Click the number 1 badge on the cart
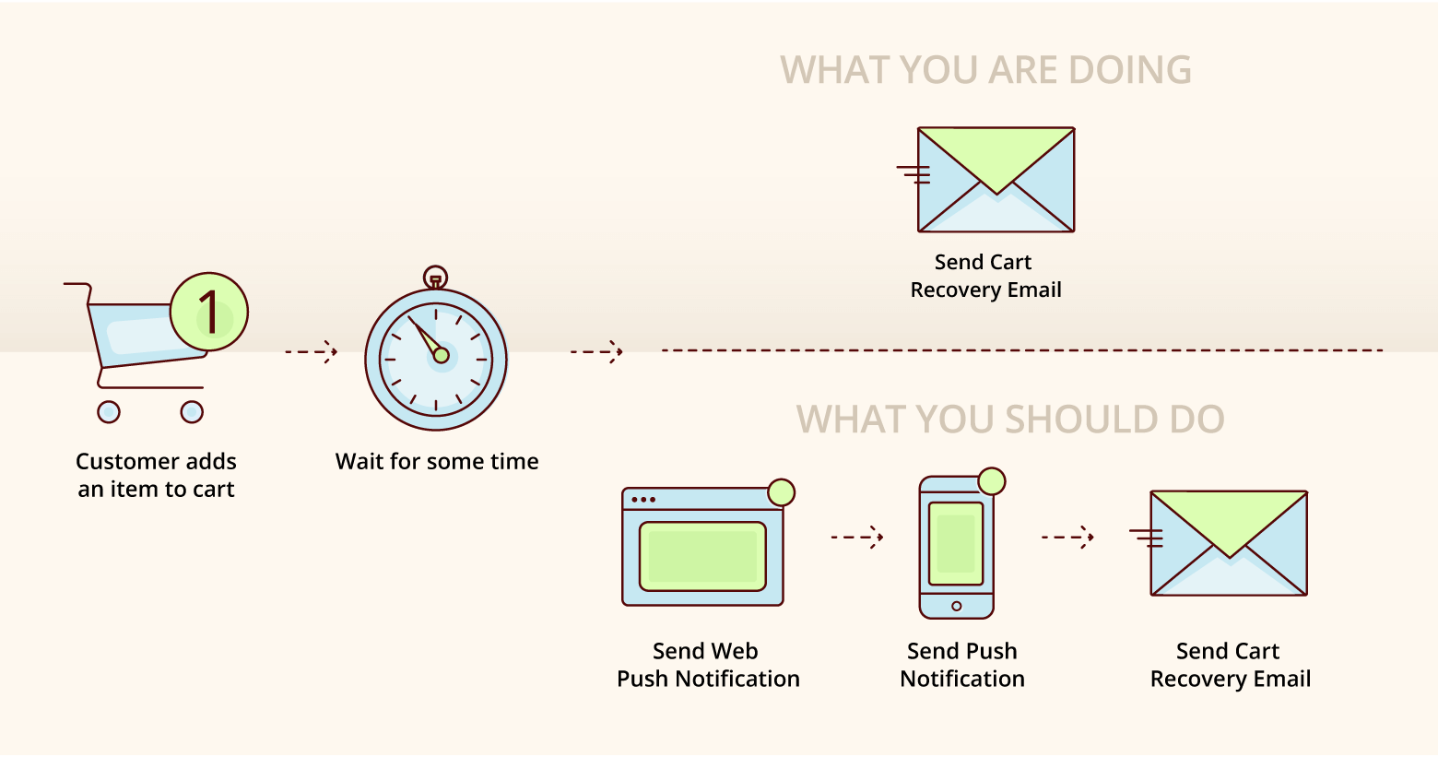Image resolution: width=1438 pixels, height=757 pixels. (x=209, y=312)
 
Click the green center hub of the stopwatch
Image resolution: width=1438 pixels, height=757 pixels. (x=441, y=355)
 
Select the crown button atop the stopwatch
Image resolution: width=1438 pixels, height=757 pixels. (x=435, y=278)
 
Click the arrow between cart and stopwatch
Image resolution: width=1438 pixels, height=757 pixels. (x=312, y=352)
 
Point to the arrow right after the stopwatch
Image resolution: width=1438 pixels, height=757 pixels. (x=596, y=352)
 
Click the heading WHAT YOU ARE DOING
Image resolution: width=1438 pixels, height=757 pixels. (x=985, y=69)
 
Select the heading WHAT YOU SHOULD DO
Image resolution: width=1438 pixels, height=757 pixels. (x=1010, y=420)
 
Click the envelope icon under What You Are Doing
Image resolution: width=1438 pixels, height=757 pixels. (x=986, y=180)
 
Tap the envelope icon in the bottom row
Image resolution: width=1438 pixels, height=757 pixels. (x=1220, y=543)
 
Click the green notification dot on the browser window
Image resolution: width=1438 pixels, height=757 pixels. (x=782, y=492)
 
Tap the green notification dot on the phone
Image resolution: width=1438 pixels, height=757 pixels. (x=992, y=481)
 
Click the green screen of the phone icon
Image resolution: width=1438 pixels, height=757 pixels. (x=956, y=544)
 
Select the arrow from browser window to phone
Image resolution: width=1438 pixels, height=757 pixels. (x=857, y=537)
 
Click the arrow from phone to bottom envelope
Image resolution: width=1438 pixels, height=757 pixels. (x=1067, y=537)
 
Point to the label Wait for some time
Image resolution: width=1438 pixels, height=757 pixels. (x=437, y=462)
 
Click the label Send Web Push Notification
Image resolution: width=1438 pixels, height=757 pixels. (x=708, y=665)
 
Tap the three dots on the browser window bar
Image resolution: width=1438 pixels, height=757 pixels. (x=644, y=500)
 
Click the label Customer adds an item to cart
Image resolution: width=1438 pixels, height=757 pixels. (x=156, y=475)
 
